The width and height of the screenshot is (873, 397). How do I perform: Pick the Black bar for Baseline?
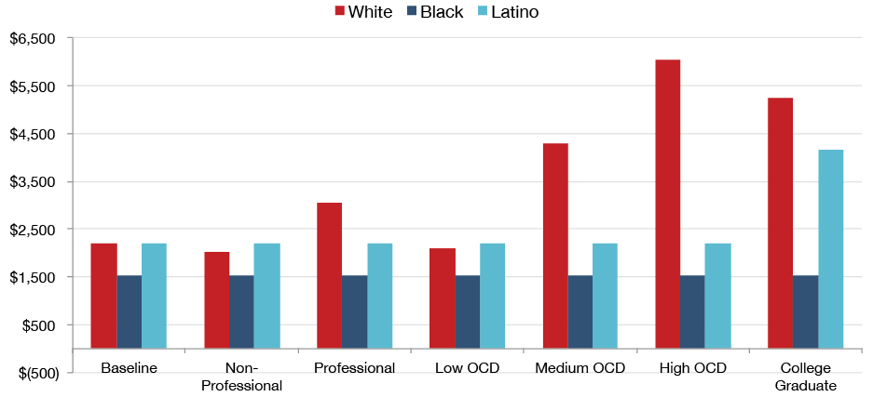[x=129, y=312]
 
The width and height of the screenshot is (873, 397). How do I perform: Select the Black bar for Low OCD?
[x=467, y=312]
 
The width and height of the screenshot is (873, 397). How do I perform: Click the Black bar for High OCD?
[x=692, y=312]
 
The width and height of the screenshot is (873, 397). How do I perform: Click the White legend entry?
[x=363, y=12]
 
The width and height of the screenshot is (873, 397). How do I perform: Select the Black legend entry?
[x=435, y=12]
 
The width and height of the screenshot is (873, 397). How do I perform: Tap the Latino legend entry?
[x=507, y=12]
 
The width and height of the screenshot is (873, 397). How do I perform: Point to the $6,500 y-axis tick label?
[x=33, y=39]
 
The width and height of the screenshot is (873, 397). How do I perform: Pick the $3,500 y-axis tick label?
[x=33, y=182]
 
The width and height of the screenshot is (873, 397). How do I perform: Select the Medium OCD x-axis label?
[x=580, y=369]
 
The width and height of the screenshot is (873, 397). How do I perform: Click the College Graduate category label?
[x=805, y=377]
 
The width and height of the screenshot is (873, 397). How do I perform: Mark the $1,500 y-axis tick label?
[x=33, y=277]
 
